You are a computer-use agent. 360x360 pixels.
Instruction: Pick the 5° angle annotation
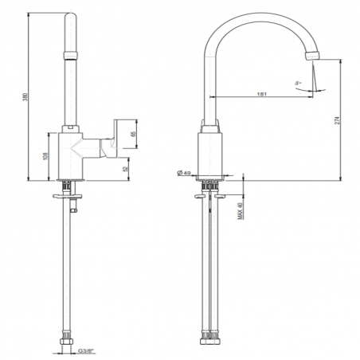point(296,82)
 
